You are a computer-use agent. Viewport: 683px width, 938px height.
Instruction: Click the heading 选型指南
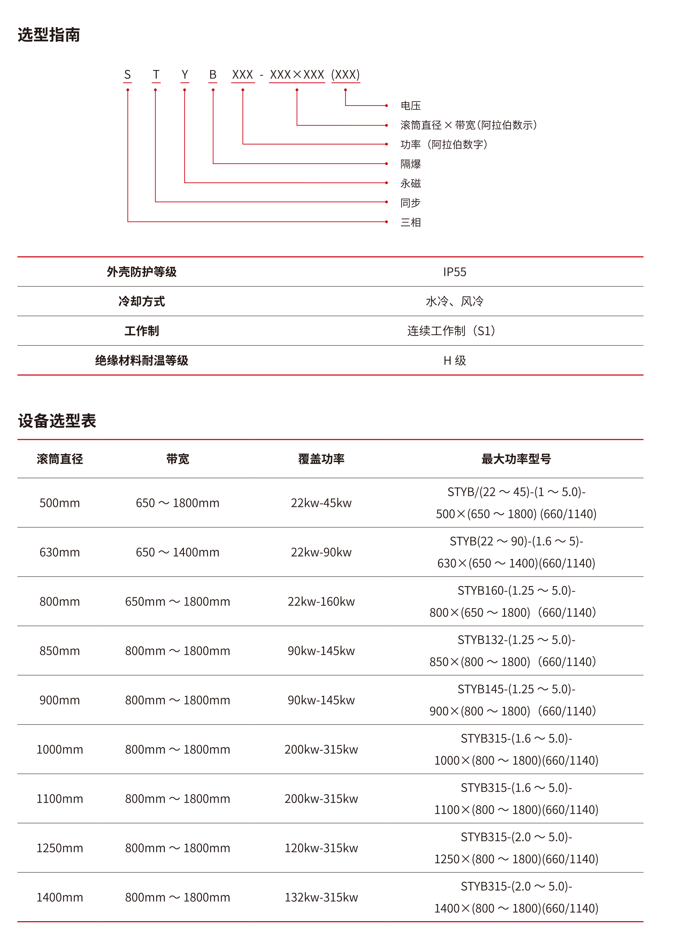49,35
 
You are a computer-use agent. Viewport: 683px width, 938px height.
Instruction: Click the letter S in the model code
127,75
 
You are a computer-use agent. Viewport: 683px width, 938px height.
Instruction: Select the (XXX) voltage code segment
345,75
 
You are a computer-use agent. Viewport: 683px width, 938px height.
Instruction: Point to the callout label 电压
411,106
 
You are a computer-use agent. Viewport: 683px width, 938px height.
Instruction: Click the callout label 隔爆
411,164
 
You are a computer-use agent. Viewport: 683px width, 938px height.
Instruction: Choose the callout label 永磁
411,183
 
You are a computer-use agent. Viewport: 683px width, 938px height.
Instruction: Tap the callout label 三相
411,222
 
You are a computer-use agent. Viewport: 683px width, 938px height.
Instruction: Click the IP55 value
455,272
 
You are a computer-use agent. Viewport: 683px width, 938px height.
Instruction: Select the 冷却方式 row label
142,302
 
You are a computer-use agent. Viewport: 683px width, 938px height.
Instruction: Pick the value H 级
455,361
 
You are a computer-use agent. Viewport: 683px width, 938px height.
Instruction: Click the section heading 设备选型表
57,421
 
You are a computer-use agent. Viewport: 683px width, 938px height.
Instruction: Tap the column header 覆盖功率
321,459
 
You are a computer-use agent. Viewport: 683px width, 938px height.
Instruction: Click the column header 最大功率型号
516,459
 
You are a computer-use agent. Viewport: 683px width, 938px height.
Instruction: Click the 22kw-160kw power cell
321,602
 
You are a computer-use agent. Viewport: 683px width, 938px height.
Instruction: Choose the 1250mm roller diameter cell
60,848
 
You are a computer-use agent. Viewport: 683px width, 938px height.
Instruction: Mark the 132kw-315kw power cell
321,898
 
